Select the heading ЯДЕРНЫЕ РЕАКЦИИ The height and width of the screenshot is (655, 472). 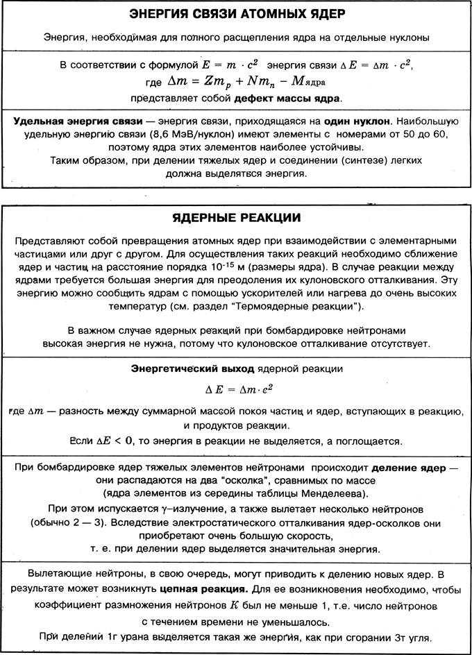click(x=236, y=217)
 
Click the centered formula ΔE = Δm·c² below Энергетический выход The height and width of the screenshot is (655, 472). click(x=237, y=387)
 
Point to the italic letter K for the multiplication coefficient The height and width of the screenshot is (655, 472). click(x=234, y=606)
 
